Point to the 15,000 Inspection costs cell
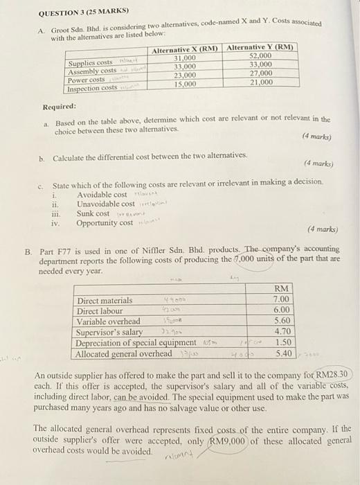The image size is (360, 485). (186, 84)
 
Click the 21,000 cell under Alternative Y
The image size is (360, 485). (260, 82)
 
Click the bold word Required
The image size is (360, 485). (60, 107)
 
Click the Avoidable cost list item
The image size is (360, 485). (102, 195)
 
